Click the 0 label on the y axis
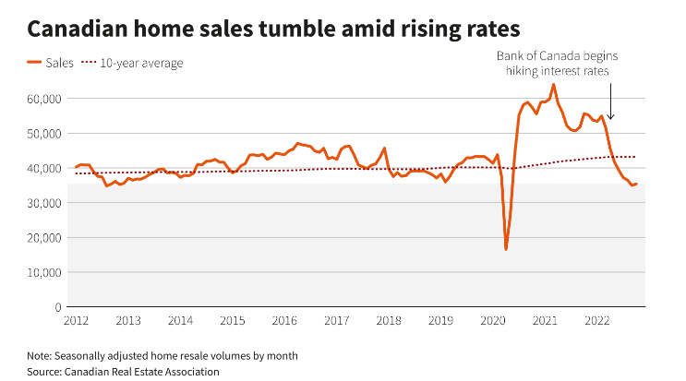point(57,307)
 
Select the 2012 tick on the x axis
point(76,321)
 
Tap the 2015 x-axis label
point(233,321)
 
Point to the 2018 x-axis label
point(389,321)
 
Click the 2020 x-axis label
point(493,321)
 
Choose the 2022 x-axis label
point(597,321)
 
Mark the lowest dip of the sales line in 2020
point(506,249)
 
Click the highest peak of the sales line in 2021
point(553,85)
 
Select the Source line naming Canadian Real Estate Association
point(123,371)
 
